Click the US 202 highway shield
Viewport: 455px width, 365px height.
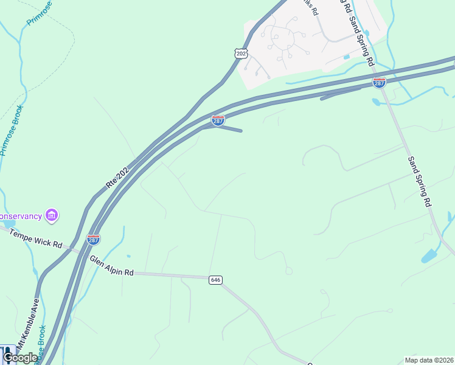coord(241,54)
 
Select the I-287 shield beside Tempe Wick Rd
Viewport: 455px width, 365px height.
coord(93,240)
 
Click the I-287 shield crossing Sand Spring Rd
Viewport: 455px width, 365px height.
coord(379,82)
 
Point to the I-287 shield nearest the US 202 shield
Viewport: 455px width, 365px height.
coord(218,120)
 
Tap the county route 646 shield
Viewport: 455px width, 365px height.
coord(215,280)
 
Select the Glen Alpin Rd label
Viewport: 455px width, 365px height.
coord(111,266)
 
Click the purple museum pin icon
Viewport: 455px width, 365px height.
coord(52,215)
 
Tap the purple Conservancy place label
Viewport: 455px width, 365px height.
coord(21,216)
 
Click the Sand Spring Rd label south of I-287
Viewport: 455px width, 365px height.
coord(420,181)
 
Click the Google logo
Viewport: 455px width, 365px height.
coord(20,358)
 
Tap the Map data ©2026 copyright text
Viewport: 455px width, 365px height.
coord(429,360)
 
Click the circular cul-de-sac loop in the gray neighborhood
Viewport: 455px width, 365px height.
coord(284,40)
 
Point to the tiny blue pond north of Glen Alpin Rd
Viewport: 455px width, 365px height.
coord(128,256)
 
